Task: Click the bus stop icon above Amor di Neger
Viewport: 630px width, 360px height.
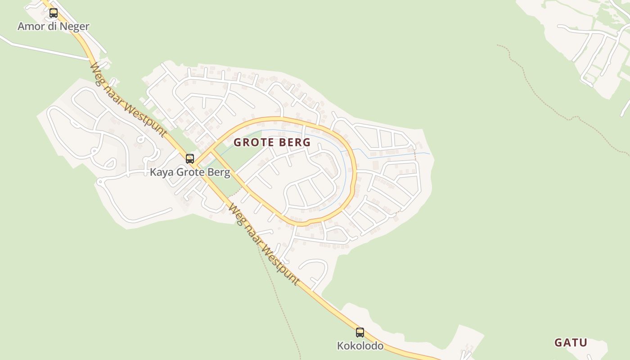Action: tap(54, 13)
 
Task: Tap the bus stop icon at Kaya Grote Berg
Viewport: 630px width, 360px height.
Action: tap(190, 158)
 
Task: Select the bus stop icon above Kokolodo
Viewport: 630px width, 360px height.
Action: tap(360, 333)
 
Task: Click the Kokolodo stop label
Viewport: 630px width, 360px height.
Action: tap(360, 346)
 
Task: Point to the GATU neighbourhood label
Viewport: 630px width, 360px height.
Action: tap(571, 342)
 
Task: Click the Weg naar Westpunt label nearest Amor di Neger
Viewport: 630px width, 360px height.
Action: tap(128, 100)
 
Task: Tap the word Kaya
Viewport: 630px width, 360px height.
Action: tap(162, 172)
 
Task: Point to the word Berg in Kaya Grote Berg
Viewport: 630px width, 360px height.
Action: tap(220, 172)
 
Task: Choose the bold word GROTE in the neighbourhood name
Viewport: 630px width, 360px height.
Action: tap(255, 142)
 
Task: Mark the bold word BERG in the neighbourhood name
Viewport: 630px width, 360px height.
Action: tap(295, 142)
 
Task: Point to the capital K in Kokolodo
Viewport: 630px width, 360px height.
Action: tap(340, 346)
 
